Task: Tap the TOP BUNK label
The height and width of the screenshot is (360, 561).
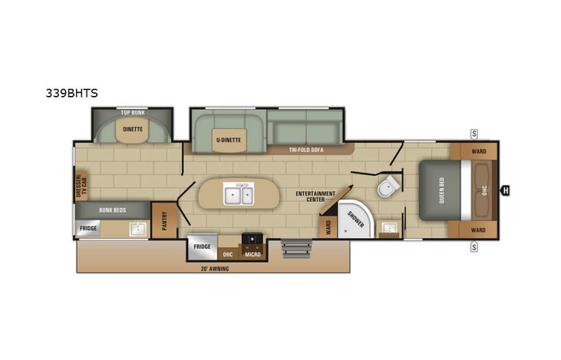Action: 133,112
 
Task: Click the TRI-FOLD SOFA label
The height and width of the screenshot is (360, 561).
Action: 306,150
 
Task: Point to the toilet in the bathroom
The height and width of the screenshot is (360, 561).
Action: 388,185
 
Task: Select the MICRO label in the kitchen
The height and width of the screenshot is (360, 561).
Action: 252,253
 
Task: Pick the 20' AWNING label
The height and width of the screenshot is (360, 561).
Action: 214,269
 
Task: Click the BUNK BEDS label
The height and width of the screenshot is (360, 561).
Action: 112,209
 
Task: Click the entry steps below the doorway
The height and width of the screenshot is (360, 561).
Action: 295,249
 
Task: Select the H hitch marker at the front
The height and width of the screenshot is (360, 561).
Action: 506,190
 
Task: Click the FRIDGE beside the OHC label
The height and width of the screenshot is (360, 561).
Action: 202,246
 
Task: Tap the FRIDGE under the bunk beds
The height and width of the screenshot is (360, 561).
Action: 88,229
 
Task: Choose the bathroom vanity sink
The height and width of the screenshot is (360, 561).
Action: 389,227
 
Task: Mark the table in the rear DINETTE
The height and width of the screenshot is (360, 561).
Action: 133,130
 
